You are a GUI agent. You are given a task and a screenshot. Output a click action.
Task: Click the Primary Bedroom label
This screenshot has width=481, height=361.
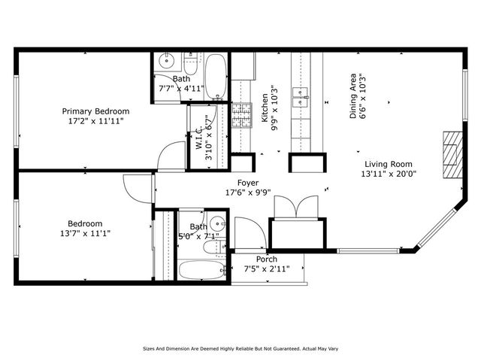pyautogui.click(x=95, y=111)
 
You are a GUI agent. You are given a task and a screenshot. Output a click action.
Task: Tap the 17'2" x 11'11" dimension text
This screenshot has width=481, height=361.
pyautogui.click(x=95, y=120)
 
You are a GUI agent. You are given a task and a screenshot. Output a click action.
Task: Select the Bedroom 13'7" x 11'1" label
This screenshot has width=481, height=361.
pyautogui.click(x=85, y=228)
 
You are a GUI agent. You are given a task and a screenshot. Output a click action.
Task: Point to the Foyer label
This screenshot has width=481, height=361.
pyautogui.click(x=248, y=183)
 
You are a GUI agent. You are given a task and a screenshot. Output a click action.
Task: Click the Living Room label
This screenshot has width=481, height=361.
pyautogui.click(x=389, y=164)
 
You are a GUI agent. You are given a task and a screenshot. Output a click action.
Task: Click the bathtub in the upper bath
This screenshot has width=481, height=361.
pyautogui.click(x=216, y=75)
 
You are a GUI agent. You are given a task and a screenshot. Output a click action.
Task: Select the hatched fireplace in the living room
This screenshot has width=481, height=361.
pyautogui.click(x=450, y=154)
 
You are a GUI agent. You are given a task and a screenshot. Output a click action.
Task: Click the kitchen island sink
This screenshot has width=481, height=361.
pyautogui.click(x=304, y=95)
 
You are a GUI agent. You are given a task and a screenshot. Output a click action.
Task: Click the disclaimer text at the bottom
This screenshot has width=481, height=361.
pyautogui.click(x=240, y=349)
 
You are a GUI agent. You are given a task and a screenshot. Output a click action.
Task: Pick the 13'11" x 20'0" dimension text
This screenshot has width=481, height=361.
pyautogui.click(x=389, y=174)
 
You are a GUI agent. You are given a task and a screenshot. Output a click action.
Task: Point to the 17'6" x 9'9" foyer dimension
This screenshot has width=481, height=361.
pyautogui.click(x=248, y=193)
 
